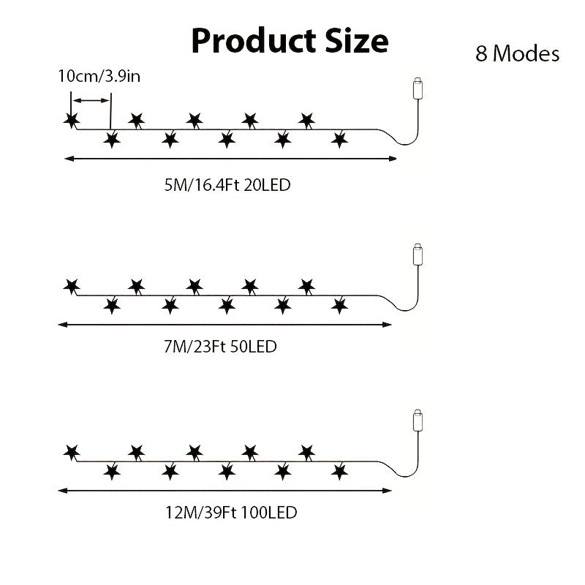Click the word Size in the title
(357, 40)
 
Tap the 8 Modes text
(518, 53)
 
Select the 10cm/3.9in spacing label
(99, 76)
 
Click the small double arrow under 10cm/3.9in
(91, 100)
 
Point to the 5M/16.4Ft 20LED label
(227, 185)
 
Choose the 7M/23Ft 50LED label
(220, 347)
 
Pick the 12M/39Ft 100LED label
(231, 513)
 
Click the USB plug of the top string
(418, 88)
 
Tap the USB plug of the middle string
(418, 254)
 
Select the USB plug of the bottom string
(418, 421)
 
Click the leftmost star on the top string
(71, 120)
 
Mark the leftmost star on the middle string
(71, 287)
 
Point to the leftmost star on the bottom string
(71, 453)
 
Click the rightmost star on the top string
(339, 140)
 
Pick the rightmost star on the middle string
(339, 306)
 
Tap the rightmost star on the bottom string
(339, 472)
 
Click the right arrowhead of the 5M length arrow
(393, 159)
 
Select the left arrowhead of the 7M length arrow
(62, 325)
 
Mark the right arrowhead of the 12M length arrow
(388, 491)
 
